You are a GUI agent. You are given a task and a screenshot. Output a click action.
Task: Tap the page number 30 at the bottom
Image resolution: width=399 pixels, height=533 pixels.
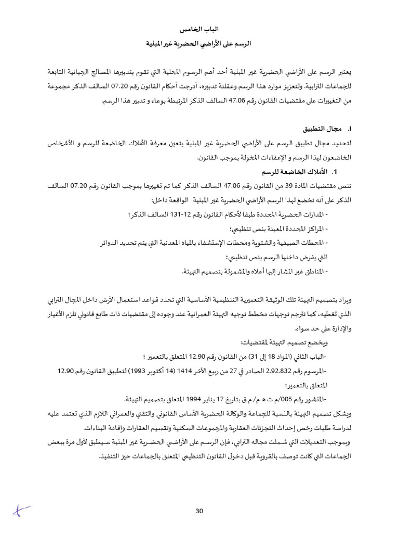[199, 511]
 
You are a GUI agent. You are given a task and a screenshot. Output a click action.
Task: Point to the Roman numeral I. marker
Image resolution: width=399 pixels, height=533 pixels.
[350, 129]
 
